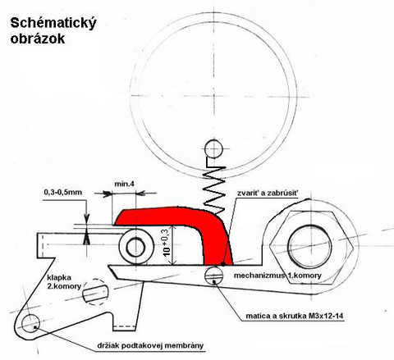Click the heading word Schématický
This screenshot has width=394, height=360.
53,23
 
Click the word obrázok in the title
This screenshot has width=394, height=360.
38,39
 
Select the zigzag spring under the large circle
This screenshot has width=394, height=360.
215,189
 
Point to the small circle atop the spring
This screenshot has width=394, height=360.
213,149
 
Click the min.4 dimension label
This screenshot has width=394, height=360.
124,184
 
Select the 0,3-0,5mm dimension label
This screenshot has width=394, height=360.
63,192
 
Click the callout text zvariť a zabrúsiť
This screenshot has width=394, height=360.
268,193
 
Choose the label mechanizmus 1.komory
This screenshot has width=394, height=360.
277,276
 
